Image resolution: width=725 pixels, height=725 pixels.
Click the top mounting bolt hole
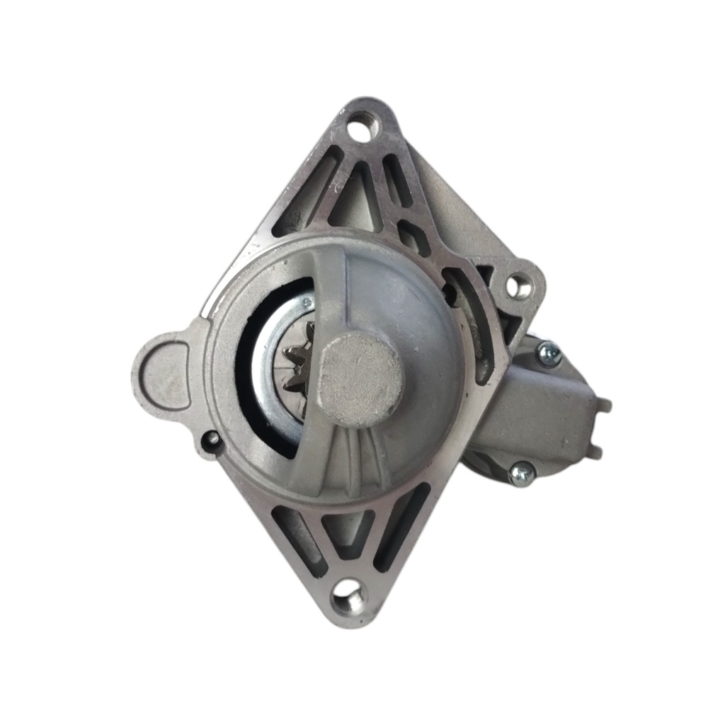click(363, 130)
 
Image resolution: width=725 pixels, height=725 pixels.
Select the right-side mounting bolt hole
click(519, 285)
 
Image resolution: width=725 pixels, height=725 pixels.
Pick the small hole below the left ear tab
click(212, 441)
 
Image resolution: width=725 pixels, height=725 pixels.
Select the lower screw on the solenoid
click(523, 474)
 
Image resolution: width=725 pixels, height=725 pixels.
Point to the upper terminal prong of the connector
click(603, 405)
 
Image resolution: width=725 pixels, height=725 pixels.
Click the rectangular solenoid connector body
click(545, 418)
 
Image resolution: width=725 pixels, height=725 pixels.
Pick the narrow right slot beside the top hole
click(397, 181)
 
